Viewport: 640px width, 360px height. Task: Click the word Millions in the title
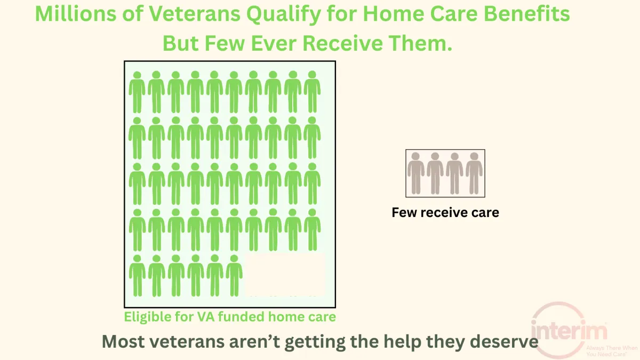tap(76, 14)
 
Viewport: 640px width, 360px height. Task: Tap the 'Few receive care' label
tap(445, 213)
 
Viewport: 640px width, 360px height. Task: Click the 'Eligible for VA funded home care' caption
tap(230, 317)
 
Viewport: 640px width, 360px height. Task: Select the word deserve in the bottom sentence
tap(504, 341)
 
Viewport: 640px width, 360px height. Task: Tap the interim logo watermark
tap(569, 330)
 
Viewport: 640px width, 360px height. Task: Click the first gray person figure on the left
tap(415, 173)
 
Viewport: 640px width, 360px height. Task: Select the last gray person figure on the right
tap(474, 173)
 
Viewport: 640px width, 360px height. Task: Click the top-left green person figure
tap(137, 92)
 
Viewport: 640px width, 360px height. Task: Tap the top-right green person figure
tap(312, 92)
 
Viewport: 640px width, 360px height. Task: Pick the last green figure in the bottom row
tap(234, 276)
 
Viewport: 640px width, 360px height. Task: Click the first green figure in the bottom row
tap(137, 276)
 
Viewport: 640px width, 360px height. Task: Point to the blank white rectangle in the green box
tap(285, 275)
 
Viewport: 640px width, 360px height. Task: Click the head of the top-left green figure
tap(137, 75)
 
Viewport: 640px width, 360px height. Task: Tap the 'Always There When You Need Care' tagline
tap(612, 351)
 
